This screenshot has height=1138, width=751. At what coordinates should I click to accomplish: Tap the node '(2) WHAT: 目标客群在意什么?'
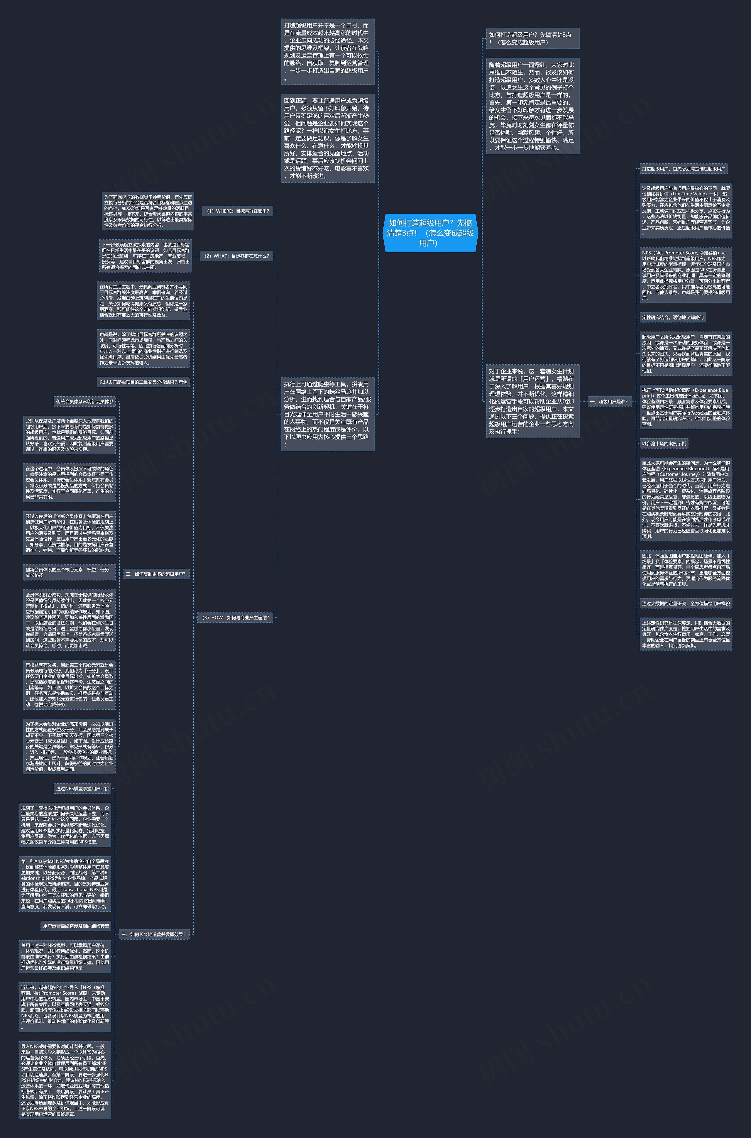pos(236,256)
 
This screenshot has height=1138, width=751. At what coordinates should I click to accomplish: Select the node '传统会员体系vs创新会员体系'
pos(85,401)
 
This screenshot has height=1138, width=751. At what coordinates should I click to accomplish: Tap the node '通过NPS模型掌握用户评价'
pos(82,788)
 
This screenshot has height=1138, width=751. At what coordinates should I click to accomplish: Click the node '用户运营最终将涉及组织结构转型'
pos(76,926)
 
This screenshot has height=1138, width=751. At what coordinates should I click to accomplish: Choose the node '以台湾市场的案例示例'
pos(664,444)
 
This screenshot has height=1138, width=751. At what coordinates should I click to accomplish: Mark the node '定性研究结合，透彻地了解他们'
pos(672,317)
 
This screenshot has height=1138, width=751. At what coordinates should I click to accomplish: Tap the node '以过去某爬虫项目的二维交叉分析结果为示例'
pos(143,382)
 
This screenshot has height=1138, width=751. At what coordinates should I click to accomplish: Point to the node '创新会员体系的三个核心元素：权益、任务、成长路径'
pos(69,572)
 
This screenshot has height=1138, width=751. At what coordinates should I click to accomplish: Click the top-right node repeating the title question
pos(533,39)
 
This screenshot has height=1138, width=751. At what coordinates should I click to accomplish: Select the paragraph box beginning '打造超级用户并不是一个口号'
pos(328,52)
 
